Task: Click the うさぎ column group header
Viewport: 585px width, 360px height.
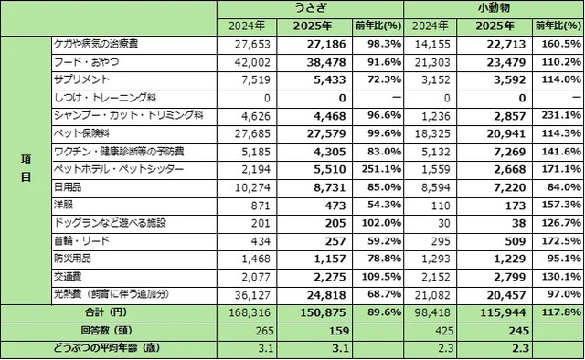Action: [310, 8]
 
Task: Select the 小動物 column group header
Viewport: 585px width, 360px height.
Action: [494, 8]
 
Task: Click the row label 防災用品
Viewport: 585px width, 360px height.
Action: [74, 259]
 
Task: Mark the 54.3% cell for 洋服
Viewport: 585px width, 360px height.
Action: [381, 206]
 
